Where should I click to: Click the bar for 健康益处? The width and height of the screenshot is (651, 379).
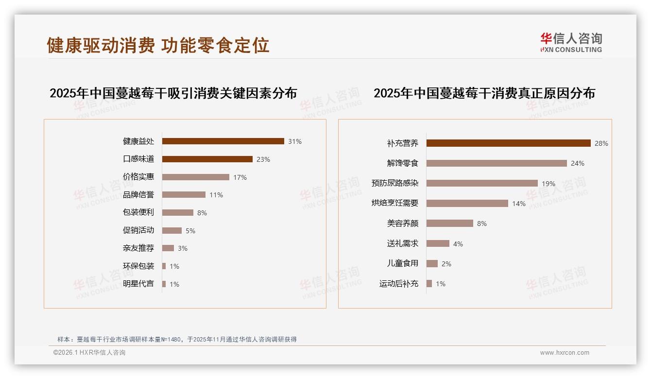click(x=223, y=141)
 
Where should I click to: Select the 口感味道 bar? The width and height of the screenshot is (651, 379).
click(x=207, y=159)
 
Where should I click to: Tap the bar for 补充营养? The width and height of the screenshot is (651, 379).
click(x=508, y=143)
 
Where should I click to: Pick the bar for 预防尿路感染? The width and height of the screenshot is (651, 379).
click(x=482, y=183)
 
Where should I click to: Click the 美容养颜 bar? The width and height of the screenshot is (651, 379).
click(x=450, y=224)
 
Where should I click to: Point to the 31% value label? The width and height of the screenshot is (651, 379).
click(x=295, y=141)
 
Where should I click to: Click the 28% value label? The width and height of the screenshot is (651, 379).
click(x=601, y=143)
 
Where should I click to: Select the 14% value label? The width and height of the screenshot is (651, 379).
click(x=519, y=204)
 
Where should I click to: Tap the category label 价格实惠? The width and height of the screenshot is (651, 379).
click(x=138, y=177)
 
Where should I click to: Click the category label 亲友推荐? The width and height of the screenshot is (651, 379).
click(x=138, y=248)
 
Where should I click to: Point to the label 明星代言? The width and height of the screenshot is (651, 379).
click(x=138, y=284)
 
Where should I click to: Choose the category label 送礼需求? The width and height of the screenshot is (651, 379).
click(x=403, y=243)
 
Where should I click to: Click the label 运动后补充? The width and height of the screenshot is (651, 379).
click(x=399, y=284)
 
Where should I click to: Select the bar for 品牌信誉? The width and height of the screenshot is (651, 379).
click(x=184, y=195)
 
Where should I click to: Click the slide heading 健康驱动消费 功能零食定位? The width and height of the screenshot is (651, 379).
click(x=158, y=45)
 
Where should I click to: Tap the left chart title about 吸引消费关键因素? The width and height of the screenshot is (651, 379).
click(x=173, y=93)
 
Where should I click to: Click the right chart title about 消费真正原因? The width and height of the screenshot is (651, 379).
click(x=484, y=93)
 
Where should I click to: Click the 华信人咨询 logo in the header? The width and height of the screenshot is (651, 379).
click(x=571, y=43)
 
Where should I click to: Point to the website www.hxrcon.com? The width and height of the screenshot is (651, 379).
click(x=565, y=353)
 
